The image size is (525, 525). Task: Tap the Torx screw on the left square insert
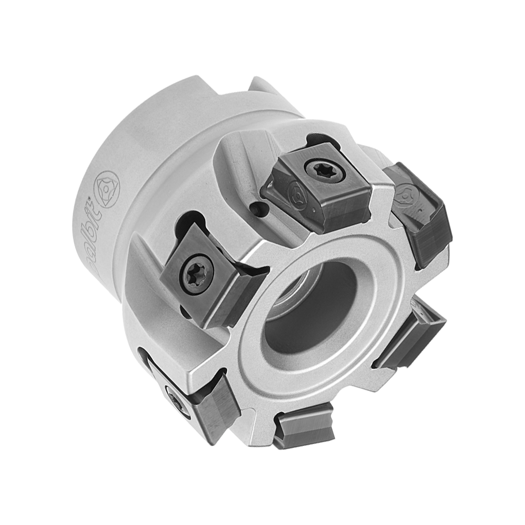[197, 276]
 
